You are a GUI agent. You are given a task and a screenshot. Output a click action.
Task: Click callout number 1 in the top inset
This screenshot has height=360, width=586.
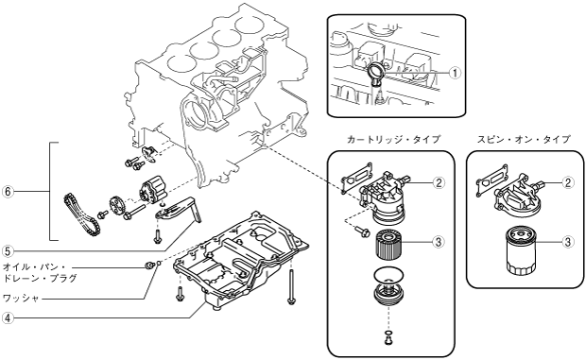(x=455, y=73)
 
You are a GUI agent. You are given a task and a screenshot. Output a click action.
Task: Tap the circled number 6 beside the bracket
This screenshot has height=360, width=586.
(x=8, y=192)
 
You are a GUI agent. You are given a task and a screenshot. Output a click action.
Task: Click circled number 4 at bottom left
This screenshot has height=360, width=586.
(x=8, y=317)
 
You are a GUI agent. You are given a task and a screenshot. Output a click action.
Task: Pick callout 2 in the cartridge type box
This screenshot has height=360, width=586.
(x=439, y=182)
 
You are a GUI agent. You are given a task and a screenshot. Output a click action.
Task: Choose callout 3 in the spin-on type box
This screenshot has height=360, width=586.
(x=568, y=242)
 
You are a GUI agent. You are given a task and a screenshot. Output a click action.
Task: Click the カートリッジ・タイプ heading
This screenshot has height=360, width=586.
(x=393, y=139)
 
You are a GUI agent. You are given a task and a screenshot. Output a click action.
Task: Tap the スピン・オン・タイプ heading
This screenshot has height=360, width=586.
(x=524, y=139)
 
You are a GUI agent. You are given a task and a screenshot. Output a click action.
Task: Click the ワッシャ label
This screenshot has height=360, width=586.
(x=21, y=299)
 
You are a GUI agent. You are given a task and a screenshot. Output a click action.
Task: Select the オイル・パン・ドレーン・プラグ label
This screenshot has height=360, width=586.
(x=40, y=273)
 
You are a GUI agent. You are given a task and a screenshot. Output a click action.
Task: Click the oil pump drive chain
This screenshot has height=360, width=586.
(x=81, y=214)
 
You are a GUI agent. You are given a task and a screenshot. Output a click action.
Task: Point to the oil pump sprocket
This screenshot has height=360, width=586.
(x=116, y=206)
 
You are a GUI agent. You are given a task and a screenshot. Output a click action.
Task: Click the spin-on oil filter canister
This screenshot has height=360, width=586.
(x=522, y=250)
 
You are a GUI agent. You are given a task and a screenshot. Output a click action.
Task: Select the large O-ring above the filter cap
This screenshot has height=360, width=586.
(x=388, y=276)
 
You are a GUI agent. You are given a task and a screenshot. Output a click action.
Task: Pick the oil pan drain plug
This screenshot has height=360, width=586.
(x=149, y=266)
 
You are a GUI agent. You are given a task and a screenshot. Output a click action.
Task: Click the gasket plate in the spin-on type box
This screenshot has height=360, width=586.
(x=491, y=180)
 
